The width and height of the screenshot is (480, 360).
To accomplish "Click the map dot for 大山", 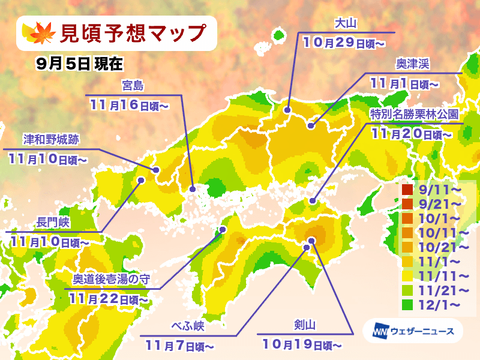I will (x=287, y=110).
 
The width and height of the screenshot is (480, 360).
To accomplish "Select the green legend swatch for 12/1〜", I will (x=407, y=305).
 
